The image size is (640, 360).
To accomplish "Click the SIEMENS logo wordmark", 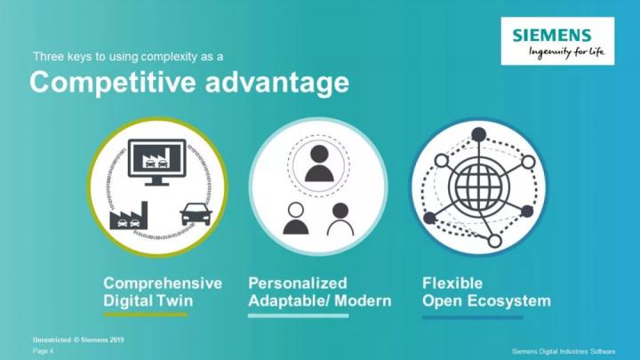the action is [x=552, y=36].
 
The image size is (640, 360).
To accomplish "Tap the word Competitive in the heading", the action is [x=113, y=83].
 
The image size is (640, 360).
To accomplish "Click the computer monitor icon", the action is [x=157, y=162].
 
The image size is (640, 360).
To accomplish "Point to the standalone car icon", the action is [x=196, y=214].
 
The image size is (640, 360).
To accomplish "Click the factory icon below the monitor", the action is [x=129, y=215].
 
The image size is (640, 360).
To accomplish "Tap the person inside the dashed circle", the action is [x=319, y=164].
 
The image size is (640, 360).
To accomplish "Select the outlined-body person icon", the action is [x=340, y=220].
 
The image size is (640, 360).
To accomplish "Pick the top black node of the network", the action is [x=478, y=134].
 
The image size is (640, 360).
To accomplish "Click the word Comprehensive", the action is [x=163, y=284].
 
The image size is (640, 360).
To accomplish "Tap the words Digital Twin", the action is [x=148, y=300].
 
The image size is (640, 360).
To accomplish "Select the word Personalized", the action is [x=298, y=284].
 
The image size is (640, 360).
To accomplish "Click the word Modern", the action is [x=363, y=300].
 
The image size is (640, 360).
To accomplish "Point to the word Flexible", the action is [x=452, y=284].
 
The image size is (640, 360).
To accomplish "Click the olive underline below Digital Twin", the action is [x=145, y=315].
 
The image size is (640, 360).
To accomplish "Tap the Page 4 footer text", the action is [x=43, y=351].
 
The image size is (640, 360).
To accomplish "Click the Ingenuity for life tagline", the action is [x=566, y=52].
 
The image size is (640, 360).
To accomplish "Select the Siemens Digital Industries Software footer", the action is [x=564, y=351].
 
